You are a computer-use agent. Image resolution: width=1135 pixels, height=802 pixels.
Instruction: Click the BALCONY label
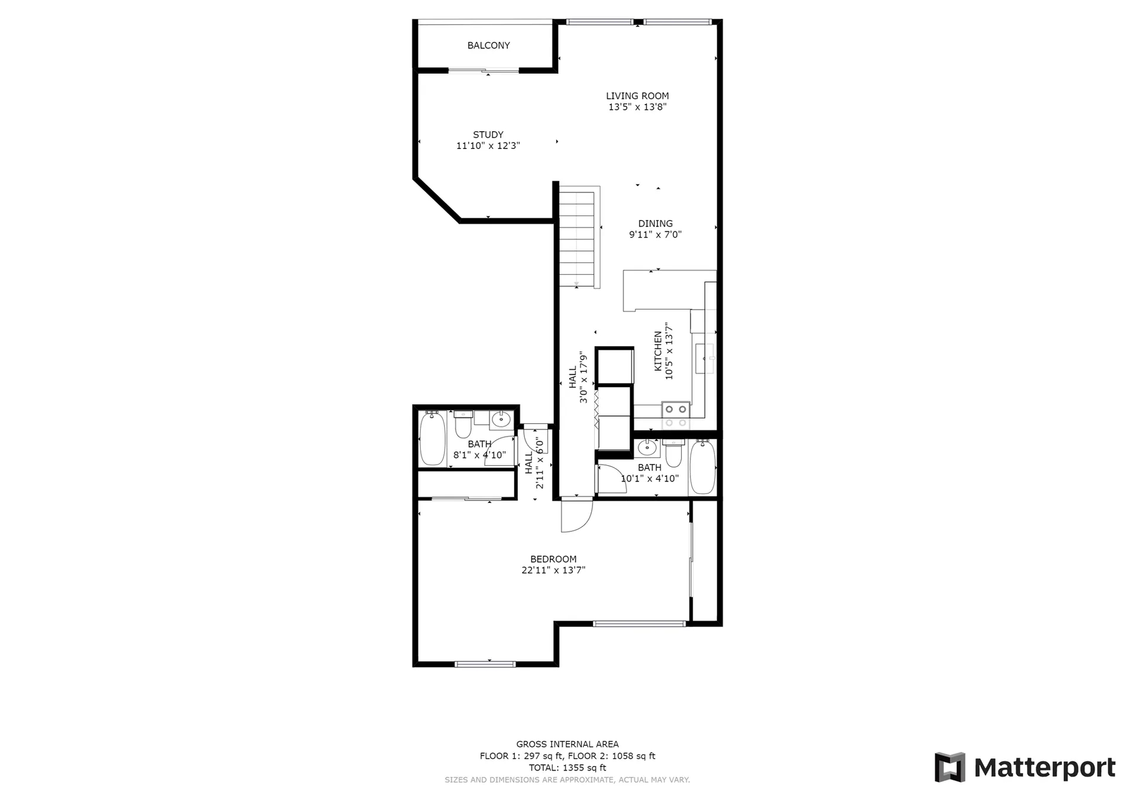[488, 46]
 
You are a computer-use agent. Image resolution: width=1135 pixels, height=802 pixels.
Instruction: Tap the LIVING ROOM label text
[637, 96]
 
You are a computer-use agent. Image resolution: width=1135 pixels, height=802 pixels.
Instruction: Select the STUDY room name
[488, 135]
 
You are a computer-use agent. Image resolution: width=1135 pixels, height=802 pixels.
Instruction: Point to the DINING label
[655, 223]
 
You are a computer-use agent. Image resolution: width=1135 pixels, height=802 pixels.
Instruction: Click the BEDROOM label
[553, 559]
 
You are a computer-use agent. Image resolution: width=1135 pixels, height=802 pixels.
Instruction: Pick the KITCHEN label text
[658, 351]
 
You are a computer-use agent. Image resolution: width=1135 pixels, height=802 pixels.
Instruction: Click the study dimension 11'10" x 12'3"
[488, 146]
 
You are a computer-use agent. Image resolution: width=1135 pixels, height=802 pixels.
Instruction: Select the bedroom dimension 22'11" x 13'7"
[553, 570]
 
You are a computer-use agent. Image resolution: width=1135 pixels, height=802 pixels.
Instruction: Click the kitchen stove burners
[676, 415]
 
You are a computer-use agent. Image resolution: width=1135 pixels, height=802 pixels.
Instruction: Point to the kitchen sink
[705, 359]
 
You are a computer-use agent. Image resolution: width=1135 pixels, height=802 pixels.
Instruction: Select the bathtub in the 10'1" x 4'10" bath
[703, 467]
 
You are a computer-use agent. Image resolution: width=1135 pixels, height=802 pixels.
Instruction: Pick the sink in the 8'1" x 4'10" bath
[501, 420]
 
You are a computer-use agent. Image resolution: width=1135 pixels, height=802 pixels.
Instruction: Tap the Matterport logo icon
[950, 767]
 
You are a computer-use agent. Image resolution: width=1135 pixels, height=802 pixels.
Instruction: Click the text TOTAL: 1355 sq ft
[567, 768]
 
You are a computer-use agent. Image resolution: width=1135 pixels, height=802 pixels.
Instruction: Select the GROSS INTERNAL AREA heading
[567, 745]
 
